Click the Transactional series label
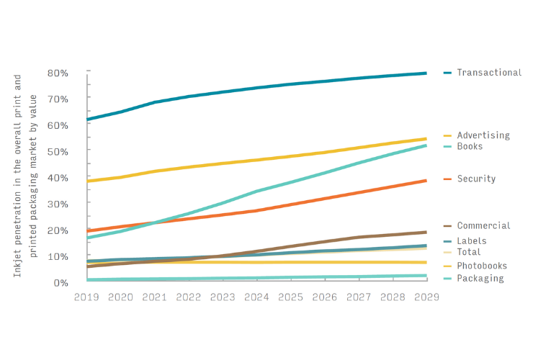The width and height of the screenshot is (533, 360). point(488,73)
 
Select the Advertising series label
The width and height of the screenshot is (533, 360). point(483,135)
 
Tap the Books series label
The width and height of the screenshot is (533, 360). point(470,147)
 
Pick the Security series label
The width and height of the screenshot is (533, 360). point(476,179)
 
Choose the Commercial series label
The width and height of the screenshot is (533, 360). point(483,226)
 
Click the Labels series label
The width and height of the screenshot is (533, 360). point(471,241)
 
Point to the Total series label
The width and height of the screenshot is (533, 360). point(468,252)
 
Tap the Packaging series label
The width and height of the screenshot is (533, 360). point(480,279)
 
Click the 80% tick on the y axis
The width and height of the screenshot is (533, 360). point(58,73)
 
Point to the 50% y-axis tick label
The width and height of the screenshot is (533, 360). point(58,151)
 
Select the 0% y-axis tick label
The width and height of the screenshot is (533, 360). point(61,282)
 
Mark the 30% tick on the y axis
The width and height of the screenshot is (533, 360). point(58,204)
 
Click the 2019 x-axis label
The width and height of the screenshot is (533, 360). point(87,297)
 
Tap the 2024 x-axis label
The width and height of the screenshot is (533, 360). point(256,297)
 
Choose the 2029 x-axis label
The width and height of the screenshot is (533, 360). point(425,297)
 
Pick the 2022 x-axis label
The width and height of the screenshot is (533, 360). point(189,297)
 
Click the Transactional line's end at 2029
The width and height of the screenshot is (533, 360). point(426,73)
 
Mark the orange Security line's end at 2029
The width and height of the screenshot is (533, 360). point(426,181)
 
